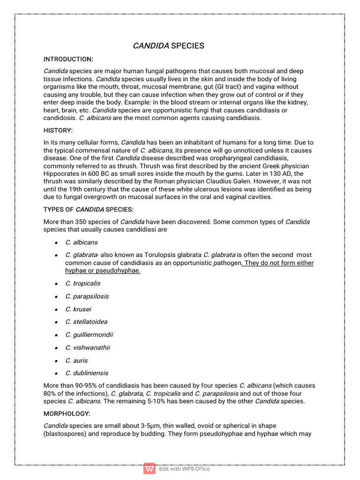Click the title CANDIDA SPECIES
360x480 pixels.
tap(168, 45)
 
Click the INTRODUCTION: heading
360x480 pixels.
tap(68, 59)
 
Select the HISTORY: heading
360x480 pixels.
tap(58, 130)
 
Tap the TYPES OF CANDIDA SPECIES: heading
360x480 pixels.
tap(88, 209)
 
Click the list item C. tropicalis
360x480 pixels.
tap(82, 284)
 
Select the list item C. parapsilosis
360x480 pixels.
tap(87, 296)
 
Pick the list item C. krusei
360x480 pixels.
tap(78, 309)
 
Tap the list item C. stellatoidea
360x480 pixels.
tap(86, 322)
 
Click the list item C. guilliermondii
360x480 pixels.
tap(89, 335)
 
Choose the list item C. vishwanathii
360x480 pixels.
tap(87, 347)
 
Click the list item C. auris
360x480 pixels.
tap(76, 360)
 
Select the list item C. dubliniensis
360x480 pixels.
tap(87, 373)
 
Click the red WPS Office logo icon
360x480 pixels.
tap(150, 468)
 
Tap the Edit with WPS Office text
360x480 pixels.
tap(184, 469)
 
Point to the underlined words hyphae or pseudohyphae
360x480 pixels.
tap(103, 271)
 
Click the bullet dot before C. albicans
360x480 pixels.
tap(55, 243)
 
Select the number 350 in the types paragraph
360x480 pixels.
tap(80, 222)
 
